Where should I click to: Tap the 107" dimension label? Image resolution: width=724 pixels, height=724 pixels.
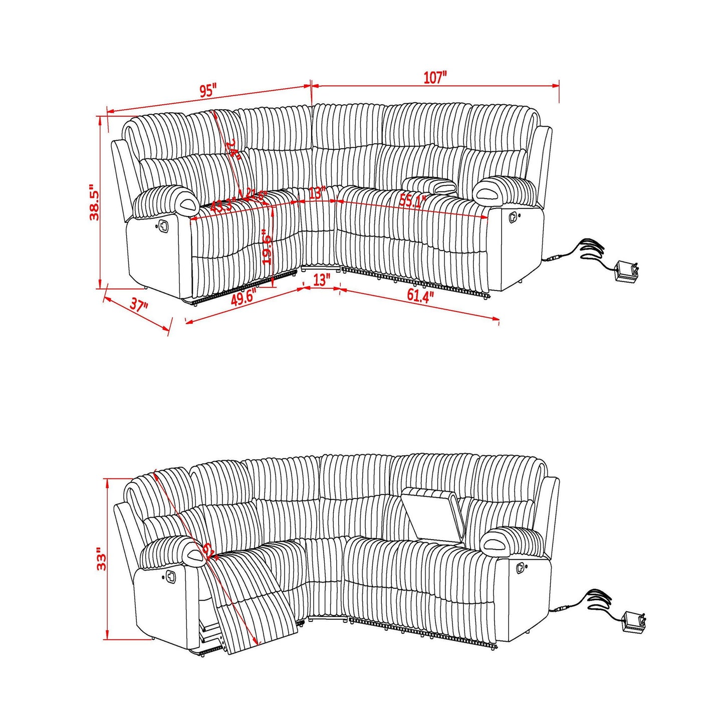[x=434, y=78]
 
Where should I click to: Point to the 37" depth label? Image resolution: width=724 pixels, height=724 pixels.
[x=139, y=306]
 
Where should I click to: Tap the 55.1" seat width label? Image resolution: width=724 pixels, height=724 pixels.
[x=412, y=201]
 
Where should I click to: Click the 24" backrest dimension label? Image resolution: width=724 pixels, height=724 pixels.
[x=233, y=149]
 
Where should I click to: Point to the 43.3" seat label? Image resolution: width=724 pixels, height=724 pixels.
[x=222, y=205]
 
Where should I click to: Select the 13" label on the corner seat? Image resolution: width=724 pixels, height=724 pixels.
[x=317, y=193]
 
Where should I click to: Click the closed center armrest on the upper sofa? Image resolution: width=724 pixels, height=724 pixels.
[x=429, y=185]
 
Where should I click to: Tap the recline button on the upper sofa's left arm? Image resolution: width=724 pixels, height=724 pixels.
[x=163, y=226]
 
